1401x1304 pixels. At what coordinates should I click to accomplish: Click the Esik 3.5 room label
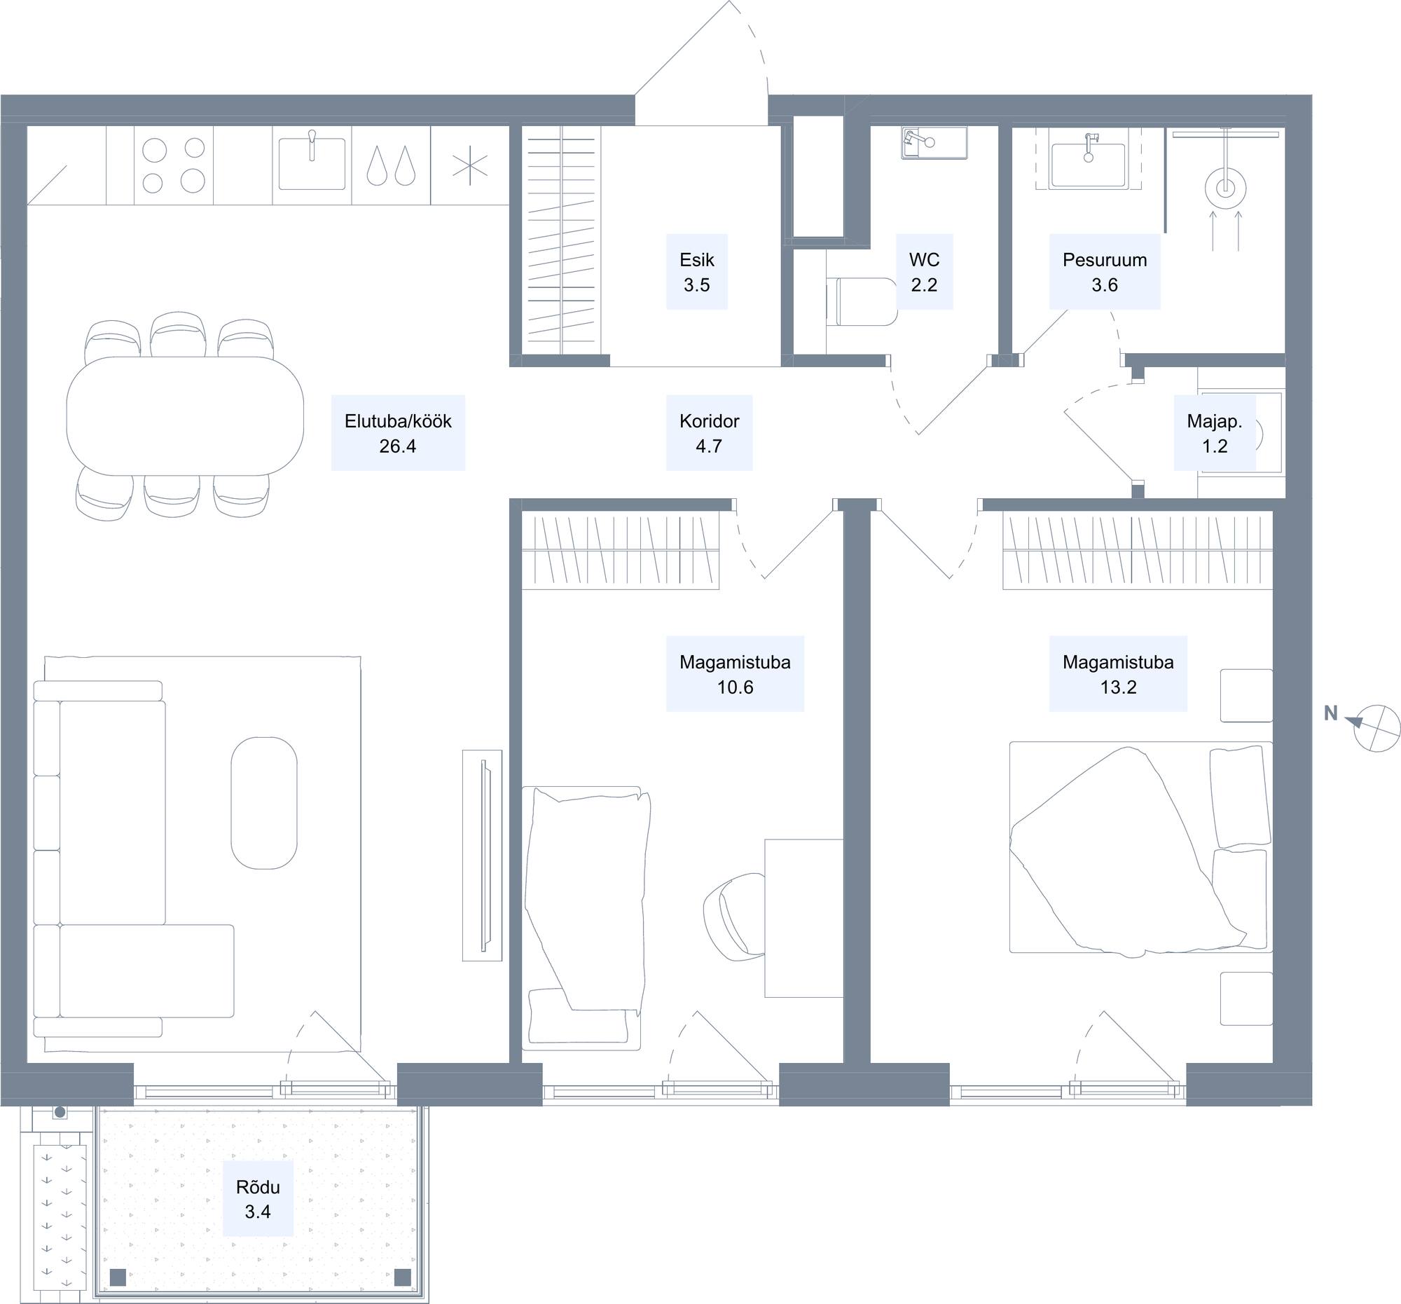pos(697,272)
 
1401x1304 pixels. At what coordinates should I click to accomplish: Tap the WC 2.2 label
pos(924,272)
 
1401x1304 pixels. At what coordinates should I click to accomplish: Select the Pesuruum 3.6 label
pos(1104,272)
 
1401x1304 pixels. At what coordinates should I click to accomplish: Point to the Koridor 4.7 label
pos(709,433)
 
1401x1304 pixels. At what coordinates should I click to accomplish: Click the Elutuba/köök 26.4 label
pos(398,433)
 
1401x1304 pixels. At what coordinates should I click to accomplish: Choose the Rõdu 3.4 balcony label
pos(258,1199)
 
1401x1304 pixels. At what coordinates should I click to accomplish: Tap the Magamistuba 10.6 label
pos(735,674)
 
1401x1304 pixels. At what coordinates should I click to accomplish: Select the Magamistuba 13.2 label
pos(1119,674)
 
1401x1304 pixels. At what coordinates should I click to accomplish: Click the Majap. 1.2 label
pos(1215,433)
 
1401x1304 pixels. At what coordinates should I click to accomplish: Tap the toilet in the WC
pos(861,302)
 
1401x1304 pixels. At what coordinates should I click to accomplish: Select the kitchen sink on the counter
pos(312,162)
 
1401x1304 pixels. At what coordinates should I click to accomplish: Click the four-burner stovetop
pos(173,165)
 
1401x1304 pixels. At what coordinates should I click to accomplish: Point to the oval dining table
pos(185,416)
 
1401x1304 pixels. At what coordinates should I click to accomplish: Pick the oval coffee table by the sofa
pos(264,804)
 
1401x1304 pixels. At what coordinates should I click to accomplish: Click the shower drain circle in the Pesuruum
pos(1225,188)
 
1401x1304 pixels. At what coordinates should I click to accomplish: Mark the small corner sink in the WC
pos(934,143)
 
